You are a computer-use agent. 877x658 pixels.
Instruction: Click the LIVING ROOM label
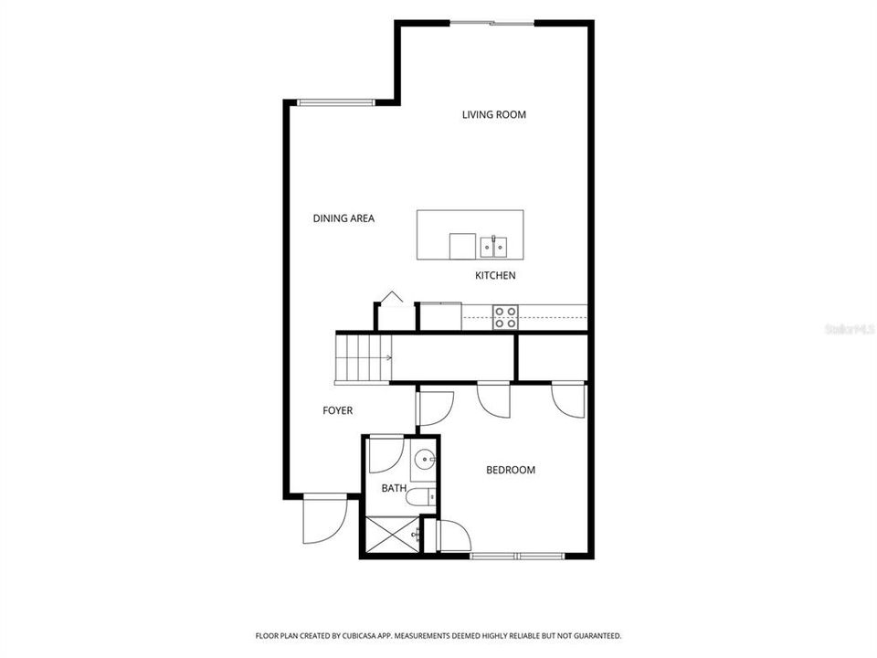(494, 115)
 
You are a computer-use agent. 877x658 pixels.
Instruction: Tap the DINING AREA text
(343, 218)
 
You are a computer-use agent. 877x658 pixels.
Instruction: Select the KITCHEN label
(495, 275)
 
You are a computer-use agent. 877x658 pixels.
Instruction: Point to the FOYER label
(337, 410)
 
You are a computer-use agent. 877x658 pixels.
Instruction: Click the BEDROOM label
(510, 470)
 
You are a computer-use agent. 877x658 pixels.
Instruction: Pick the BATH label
(394, 488)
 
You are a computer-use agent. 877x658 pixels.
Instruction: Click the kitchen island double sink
(493, 247)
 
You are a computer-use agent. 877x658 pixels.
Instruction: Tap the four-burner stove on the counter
(505, 317)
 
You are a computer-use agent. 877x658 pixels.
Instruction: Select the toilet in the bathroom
(420, 497)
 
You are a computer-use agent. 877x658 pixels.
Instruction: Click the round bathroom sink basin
(425, 461)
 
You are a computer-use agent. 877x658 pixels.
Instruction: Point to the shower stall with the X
(392, 535)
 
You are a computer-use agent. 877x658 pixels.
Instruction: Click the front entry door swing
(324, 520)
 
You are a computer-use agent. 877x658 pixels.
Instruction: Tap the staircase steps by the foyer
(363, 358)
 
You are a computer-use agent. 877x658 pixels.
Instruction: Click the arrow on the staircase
(387, 358)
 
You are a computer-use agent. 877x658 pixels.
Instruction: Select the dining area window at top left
(335, 102)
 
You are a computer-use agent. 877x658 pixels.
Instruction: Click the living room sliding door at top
(492, 23)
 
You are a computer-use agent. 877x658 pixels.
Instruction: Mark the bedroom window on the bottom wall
(517, 556)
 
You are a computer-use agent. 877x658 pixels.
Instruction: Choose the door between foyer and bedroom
(435, 409)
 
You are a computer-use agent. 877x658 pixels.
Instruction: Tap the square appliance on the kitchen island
(462, 247)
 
